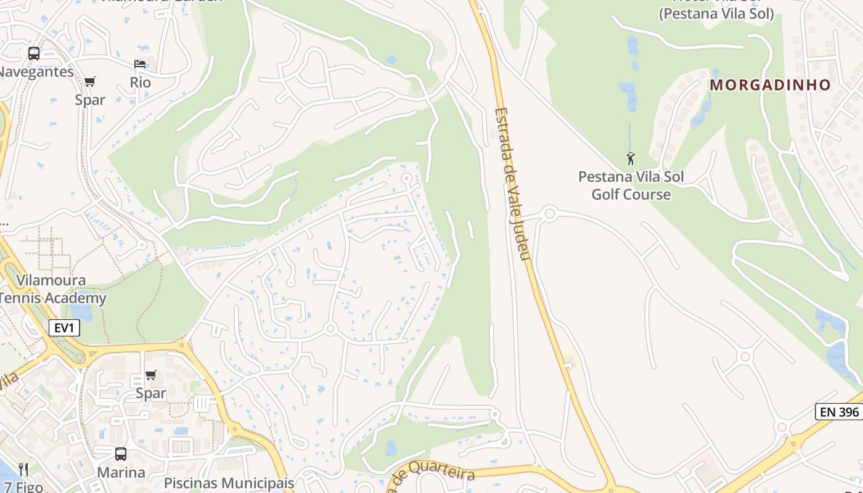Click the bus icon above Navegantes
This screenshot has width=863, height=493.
coord(34,54)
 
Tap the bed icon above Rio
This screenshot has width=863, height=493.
coord(140,64)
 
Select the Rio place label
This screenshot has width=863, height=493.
coord(140,82)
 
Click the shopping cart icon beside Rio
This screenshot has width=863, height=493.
coord(90,81)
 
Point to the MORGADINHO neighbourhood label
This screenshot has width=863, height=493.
coord(770,85)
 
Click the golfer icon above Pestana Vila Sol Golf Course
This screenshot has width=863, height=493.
coord(631,159)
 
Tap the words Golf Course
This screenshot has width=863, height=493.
coord(631,195)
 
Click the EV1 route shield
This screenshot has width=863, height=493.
coord(64,328)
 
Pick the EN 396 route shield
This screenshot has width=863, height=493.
coord(839,412)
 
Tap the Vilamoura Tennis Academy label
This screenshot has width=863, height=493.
coord(52,290)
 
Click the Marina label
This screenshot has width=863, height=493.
coord(121,473)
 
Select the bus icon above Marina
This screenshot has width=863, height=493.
coord(121,454)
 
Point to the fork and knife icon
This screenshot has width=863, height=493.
coord(23,470)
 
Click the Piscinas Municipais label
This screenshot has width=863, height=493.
coord(229,483)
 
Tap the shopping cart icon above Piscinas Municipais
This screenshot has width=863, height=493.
coord(151,375)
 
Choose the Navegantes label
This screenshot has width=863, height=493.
coord(36,71)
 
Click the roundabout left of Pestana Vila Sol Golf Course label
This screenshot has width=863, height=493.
coord(550,214)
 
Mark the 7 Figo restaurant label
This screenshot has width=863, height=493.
coord(21,487)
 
